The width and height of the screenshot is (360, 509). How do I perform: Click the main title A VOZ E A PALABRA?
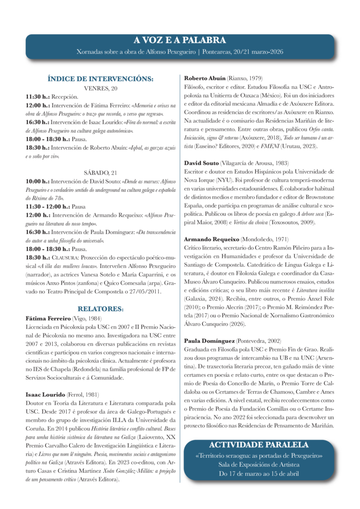pos(180,40)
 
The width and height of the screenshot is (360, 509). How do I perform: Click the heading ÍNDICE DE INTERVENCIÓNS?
pos(100,78)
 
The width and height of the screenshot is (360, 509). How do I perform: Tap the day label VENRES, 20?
pos(100,88)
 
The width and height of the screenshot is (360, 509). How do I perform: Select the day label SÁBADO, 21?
pos(100,172)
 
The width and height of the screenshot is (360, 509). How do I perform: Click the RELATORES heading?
pos(100,309)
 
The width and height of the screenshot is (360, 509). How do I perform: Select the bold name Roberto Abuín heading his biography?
pos(204,79)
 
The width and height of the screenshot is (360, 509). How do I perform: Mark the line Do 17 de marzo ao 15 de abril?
pos(259,473)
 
